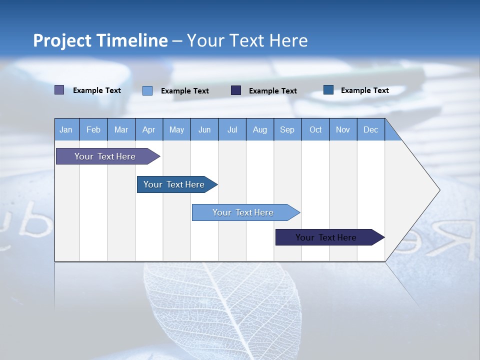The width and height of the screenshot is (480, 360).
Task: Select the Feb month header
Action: [x=93, y=129]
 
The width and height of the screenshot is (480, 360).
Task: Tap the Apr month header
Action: [x=149, y=129]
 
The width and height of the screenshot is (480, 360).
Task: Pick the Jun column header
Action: [x=204, y=129]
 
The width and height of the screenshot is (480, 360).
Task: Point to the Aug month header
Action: [x=260, y=129]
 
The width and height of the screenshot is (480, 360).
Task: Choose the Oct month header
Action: [x=315, y=129]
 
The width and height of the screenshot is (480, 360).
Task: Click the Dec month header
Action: [x=370, y=129]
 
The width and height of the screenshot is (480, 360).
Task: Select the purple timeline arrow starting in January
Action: [x=108, y=156]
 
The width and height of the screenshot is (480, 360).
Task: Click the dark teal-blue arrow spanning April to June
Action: [x=177, y=184]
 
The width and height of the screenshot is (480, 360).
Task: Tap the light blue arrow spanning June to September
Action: [x=246, y=212]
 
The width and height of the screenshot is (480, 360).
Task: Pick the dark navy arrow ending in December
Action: [x=330, y=237]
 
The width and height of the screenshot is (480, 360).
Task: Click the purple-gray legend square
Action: [x=59, y=90]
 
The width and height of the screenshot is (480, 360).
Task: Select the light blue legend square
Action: [x=147, y=90]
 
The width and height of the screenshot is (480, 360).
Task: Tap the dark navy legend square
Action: [x=235, y=90]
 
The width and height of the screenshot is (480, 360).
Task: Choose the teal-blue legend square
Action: [x=328, y=89]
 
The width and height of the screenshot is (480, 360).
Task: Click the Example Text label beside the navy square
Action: [x=273, y=91]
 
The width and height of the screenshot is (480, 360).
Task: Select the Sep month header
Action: [x=287, y=129]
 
